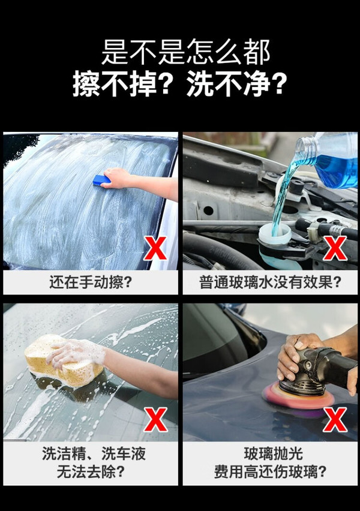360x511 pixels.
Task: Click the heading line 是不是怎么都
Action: [x=185, y=52]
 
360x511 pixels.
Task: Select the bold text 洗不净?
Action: [x=236, y=84]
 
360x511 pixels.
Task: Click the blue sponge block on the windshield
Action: [x=101, y=180]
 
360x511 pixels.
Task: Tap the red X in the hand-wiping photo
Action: [x=155, y=248]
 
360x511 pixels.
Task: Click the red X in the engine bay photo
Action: [x=335, y=248]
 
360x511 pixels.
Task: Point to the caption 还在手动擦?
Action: [x=91, y=282]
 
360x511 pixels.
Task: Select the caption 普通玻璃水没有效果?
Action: [x=271, y=282]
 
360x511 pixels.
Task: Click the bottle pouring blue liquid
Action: [x=329, y=159]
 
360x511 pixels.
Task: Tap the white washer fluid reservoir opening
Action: [x=275, y=232]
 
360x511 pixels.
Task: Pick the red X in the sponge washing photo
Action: [x=155, y=420]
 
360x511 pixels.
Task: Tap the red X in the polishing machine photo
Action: [x=335, y=420]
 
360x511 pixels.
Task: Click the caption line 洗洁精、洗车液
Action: [x=94, y=453]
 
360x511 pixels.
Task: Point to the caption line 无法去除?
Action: [x=91, y=471]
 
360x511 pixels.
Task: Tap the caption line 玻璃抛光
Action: [x=273, y=453]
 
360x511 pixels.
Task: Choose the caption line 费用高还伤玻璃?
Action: [x=271, y=471]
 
